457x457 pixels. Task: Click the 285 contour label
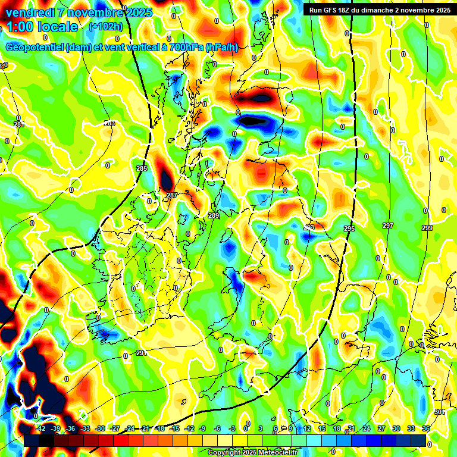click(x=141, y=169)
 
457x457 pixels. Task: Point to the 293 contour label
click(x=309, y=227)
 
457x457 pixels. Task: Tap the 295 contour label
click(x=349, y=228)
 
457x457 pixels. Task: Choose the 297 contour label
click(x=388, y=226)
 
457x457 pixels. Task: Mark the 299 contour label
click(x=427, y=228)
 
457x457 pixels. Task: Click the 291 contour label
click(x=141, y=353)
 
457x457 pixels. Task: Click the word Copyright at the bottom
click(x=224, y=453)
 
